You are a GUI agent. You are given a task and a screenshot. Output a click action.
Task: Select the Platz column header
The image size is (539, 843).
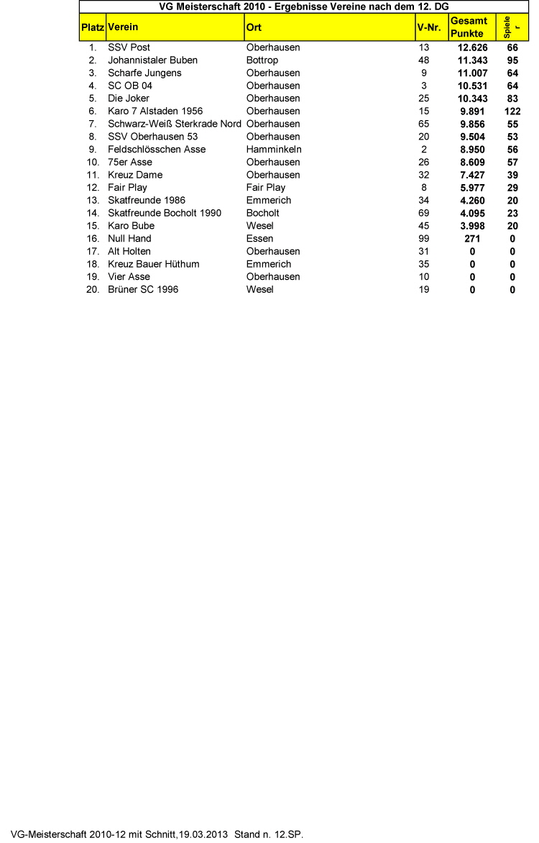tap(92, 27)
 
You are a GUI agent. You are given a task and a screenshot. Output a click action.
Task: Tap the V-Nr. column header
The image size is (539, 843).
tap(429, 27)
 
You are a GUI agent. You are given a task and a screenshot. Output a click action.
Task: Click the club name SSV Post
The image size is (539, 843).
tap(129, 47)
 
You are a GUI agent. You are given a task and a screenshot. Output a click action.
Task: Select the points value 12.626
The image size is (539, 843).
tap(472, 47)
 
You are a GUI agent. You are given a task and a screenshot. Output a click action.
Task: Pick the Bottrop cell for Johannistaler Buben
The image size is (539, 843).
tap(262, 60)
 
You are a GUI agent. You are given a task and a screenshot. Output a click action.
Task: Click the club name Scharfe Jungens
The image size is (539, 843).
tap(144, 73)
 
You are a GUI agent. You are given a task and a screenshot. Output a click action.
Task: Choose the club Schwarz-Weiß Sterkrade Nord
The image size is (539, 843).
tap(174, 124)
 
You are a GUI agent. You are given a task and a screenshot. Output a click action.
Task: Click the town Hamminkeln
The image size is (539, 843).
tap(273, 150)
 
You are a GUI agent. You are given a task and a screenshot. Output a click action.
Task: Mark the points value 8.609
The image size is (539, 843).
tap(472, 163)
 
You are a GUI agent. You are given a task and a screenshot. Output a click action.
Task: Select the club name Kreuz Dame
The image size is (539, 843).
tap(135, 175)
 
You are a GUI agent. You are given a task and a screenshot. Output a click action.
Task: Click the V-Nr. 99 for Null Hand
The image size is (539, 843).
tap(423, 239)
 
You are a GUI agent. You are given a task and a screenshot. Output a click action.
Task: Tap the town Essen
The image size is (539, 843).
tap(259, 239)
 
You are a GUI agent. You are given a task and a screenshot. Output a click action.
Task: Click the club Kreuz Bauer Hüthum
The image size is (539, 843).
tap(154, 264)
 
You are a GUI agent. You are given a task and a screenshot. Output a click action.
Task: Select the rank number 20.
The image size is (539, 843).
tap(92, 290)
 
